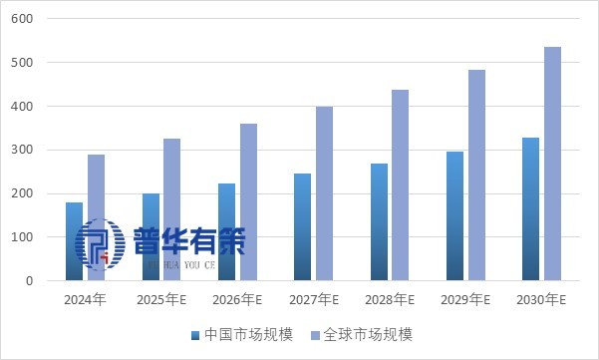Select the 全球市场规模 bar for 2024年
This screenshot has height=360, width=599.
point(96,217)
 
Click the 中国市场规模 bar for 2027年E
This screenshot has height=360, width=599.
point(302,227)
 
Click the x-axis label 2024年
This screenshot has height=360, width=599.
point(85,299)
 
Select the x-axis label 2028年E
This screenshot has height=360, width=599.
point(389,299)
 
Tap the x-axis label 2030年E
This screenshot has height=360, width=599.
point(541,299)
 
